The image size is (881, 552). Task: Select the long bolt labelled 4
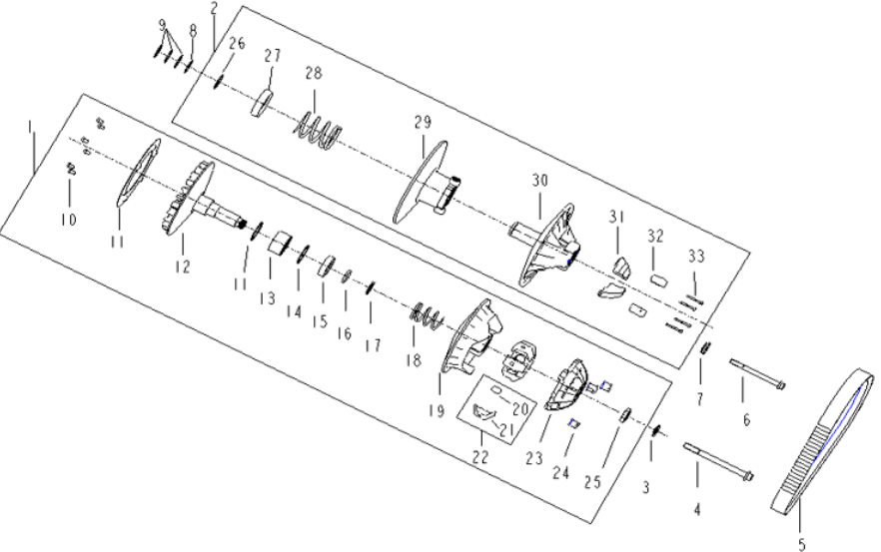pyautogui.click(x=717, y=460)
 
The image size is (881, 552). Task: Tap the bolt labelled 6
pyautogui.click(x=758, y=374)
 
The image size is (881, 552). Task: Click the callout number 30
pyautogui.click(x=539, y=181)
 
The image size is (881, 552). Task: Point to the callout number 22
pyautogui.click(x=481, y=455)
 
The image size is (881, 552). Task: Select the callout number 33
pyautogui.click(x=696, y=257)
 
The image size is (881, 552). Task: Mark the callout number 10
pyautogui.click(x=69, y=218)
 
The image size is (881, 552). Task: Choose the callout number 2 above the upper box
pyautogui.click(x=214, y=8)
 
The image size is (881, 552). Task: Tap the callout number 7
pyautogui.click(x=699, y=398)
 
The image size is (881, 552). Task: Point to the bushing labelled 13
pyautogui.click(x=280, y=242)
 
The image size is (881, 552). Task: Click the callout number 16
pyautogui.click(x=343, y=333)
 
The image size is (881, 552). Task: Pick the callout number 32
pyautogui.click(x=655, y=237)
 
